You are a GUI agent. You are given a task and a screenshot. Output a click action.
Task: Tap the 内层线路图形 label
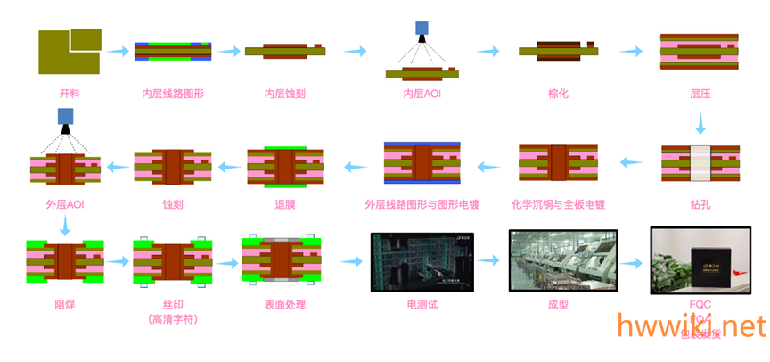[x=172, y=94]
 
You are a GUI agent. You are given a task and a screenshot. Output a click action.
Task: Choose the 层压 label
[x=700, y=94]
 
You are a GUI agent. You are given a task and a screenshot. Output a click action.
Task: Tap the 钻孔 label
[x=700, y=204]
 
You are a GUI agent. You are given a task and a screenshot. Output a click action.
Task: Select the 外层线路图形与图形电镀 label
[x=422, y=204]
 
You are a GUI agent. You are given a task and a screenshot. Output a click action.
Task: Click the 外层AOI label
[x=64, y=204]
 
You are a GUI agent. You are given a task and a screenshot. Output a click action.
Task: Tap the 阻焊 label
[x=64, y=304]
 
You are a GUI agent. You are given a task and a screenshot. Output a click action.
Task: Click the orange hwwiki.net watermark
[x=690, y=325]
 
